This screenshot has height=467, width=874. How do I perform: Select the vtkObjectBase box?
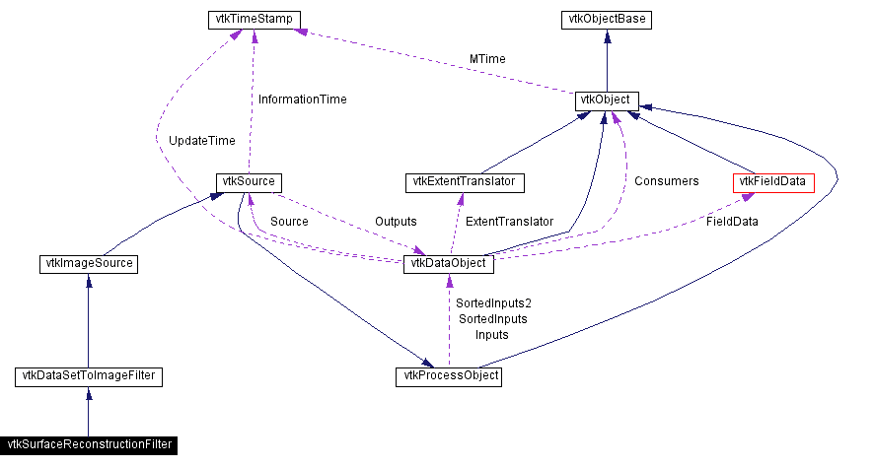606,19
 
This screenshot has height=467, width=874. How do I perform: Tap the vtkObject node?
606,101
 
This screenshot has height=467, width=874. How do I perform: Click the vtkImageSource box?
89,263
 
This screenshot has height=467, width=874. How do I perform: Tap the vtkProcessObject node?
449,376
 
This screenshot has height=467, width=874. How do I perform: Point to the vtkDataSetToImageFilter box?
89,376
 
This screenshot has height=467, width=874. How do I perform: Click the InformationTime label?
302,100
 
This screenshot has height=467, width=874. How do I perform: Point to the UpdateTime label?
201,141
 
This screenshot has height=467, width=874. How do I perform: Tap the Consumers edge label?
666,181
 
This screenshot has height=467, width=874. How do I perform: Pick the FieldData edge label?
732,222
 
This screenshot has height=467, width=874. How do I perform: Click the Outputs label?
396,222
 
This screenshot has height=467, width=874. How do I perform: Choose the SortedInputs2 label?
492,303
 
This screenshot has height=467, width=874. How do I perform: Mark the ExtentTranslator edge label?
509,222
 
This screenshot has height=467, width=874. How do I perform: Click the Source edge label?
289,222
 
